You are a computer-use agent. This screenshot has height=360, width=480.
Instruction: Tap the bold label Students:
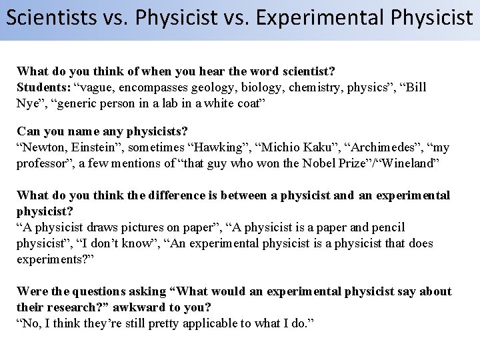[x=43, y=87]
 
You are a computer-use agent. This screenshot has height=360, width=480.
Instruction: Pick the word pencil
[x=386, y=227]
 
